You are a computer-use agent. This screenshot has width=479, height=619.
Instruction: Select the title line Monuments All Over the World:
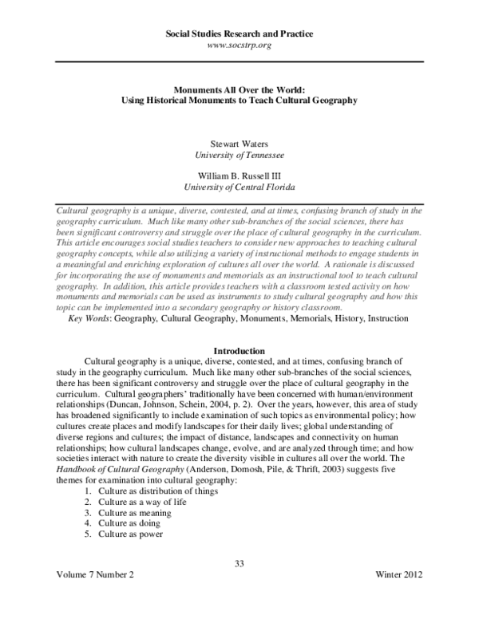point(239,90)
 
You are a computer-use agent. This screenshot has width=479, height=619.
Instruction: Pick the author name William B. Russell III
point(239,177)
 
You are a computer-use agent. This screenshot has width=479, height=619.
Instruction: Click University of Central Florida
point(239,188)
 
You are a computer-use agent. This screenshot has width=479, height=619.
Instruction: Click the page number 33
point(239,564)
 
